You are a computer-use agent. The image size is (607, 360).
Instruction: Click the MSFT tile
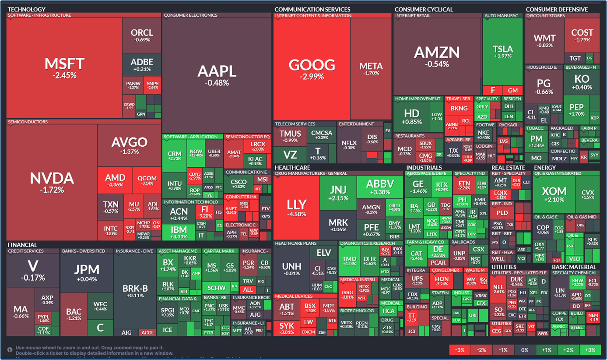coord(64,68)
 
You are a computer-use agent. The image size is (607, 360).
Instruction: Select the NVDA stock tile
coord(52,182)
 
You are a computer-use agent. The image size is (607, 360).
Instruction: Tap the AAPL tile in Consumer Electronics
coord(217,74)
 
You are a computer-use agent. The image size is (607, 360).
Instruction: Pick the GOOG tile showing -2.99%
coord(312,69)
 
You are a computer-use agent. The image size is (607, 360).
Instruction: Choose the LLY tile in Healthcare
coord(296,208)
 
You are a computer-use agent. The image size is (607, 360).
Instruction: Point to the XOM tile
coord(554,194)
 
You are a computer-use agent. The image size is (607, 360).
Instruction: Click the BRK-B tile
coord(135,291)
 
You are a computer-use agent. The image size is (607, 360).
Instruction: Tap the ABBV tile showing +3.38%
coord(380,187)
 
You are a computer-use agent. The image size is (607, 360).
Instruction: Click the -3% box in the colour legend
coord(460,350)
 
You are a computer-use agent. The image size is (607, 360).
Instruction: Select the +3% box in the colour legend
coord(589,350)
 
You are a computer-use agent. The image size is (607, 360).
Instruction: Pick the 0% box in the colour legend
coord(524,350)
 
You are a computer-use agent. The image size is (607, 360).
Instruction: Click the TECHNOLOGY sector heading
coord(27,9)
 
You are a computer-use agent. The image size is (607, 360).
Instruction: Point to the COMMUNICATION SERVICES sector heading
coord(312,9)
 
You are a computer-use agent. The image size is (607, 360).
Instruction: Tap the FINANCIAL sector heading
coord(22,245)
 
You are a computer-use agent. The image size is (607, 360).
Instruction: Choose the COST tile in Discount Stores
coord(582,35)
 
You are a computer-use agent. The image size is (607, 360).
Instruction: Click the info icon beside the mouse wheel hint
coord(10,350)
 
